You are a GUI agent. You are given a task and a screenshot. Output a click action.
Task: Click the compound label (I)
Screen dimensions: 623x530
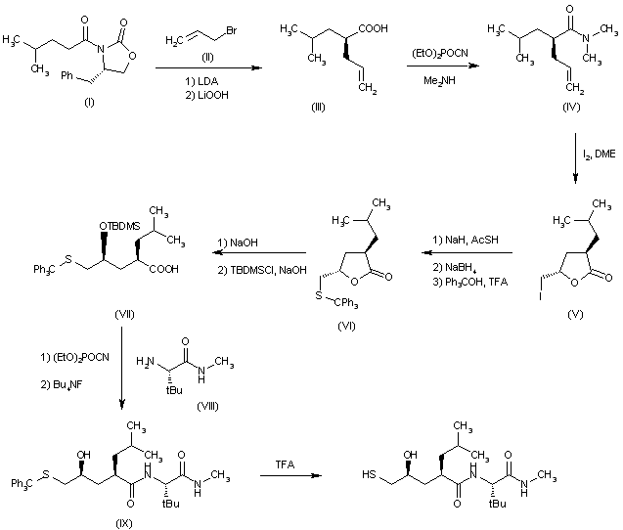89,103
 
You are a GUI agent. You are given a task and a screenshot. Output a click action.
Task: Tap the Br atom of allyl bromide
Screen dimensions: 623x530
231,30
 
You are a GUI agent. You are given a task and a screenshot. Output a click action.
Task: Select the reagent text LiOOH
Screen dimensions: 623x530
213,95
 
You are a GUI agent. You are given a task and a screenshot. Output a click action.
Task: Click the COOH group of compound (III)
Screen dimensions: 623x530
373,28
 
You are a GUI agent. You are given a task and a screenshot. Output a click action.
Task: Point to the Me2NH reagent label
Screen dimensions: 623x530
439,80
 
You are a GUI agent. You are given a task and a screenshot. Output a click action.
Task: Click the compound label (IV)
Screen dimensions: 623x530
571,107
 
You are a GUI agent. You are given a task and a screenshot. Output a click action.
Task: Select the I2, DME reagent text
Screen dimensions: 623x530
600,154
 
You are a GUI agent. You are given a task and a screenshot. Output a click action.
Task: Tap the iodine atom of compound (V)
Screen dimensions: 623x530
540,295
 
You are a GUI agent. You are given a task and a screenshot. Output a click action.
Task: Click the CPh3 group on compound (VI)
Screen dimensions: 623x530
346,303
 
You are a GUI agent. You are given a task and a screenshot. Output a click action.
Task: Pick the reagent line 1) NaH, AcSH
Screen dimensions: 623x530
466,240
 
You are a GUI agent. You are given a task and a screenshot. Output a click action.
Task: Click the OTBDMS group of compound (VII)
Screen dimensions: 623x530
119,226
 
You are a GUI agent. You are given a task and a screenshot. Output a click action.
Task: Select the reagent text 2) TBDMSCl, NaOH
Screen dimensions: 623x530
262,270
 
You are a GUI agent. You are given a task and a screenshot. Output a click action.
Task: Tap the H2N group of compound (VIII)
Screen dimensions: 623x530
145,362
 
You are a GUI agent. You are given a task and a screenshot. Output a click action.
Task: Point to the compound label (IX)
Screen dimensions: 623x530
123,523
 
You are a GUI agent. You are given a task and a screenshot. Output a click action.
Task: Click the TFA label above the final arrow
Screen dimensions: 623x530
285,464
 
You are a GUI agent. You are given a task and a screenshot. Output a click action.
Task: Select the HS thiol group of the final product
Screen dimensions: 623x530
369,474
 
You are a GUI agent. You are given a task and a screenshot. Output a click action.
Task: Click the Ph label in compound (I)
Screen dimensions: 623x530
67,75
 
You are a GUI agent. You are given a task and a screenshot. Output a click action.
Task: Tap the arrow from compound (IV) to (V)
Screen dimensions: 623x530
575,158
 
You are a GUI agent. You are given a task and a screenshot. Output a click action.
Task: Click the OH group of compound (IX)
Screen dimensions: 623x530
83,455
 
